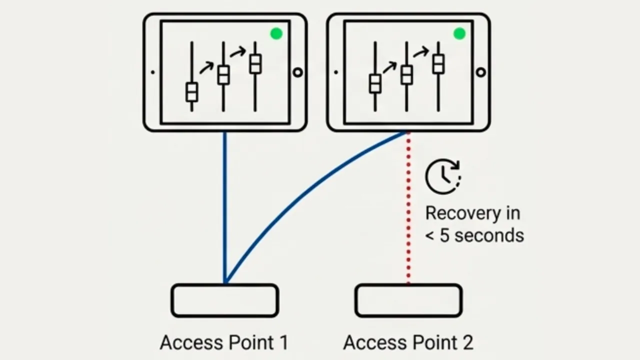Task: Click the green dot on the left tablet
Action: (276, 33)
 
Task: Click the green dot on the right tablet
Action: (459, 33)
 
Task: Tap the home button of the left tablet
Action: (297, 72)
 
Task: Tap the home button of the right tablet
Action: (480, 72)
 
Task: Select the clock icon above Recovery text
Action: (442, 176)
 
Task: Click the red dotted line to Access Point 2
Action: (408, 210)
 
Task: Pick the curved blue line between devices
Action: (300, 195)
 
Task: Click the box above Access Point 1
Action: (225, 300)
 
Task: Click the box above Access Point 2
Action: (408, 300)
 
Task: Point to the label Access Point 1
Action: (224, 342)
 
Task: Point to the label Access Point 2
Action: (408, 342)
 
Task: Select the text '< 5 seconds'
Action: (474, 235)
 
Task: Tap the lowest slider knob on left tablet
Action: (192, 92)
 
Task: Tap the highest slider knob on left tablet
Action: (255, 64)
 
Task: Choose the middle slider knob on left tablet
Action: (223, 75)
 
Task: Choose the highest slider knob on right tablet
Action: (438, 64)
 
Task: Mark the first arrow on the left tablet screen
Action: (206, 67)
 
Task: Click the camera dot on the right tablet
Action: (336, 72)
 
